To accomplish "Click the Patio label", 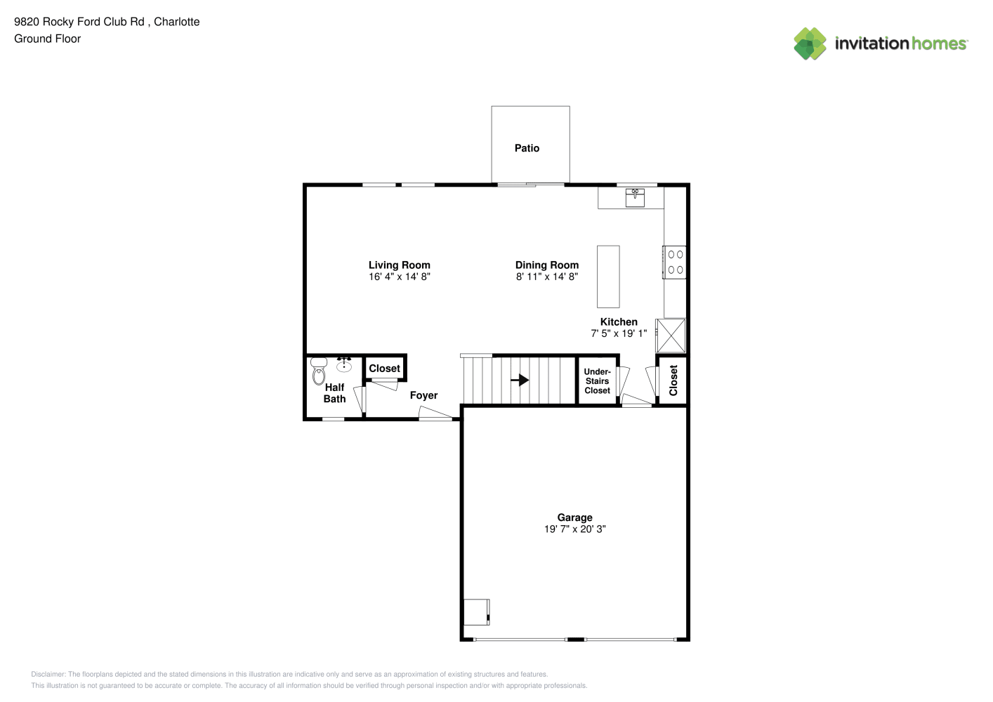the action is pyautogui.click(x=527, y=148).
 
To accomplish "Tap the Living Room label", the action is pyautogui.click(x=400, y=265).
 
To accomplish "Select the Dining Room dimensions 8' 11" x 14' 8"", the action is pyautogui.click(x=546, y=277).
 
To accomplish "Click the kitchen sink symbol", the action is pyautogui.click(x=635, y=198).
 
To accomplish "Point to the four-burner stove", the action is pyautogui.click(x=674, y=263).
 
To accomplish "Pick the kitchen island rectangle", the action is pyautogui.click(x=608, y=277).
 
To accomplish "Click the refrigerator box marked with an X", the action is pyautogui.click(x=671, y=336).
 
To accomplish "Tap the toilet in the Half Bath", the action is pyautogui.click(x=319, y=371).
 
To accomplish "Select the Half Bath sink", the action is pyautogui.click(x=344, y=364).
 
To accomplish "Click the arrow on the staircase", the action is pyautogui.click(x=520, y=380).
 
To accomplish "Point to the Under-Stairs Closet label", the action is pyautogui.click(x=597, y=381).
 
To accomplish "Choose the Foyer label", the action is pyautogui.click(x=423, y=395).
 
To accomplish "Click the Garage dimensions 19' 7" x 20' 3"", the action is pyautogui.click(x=574, y=529).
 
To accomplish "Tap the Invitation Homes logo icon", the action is pyautogui.click(x=810, y=44).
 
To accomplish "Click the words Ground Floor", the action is pyautogui.click(x=48, y=39).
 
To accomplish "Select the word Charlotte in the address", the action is pyautogui.click(x=176, y=22).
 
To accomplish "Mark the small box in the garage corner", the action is pyautogui.click(x=477, y=612).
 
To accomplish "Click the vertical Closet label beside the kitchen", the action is pyautogui.click(x=673, y=380).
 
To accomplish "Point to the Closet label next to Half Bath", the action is pyautogui.click(x=384, y=369).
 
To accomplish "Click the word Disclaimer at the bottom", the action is pyautogui.click(x=48, y=674).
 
